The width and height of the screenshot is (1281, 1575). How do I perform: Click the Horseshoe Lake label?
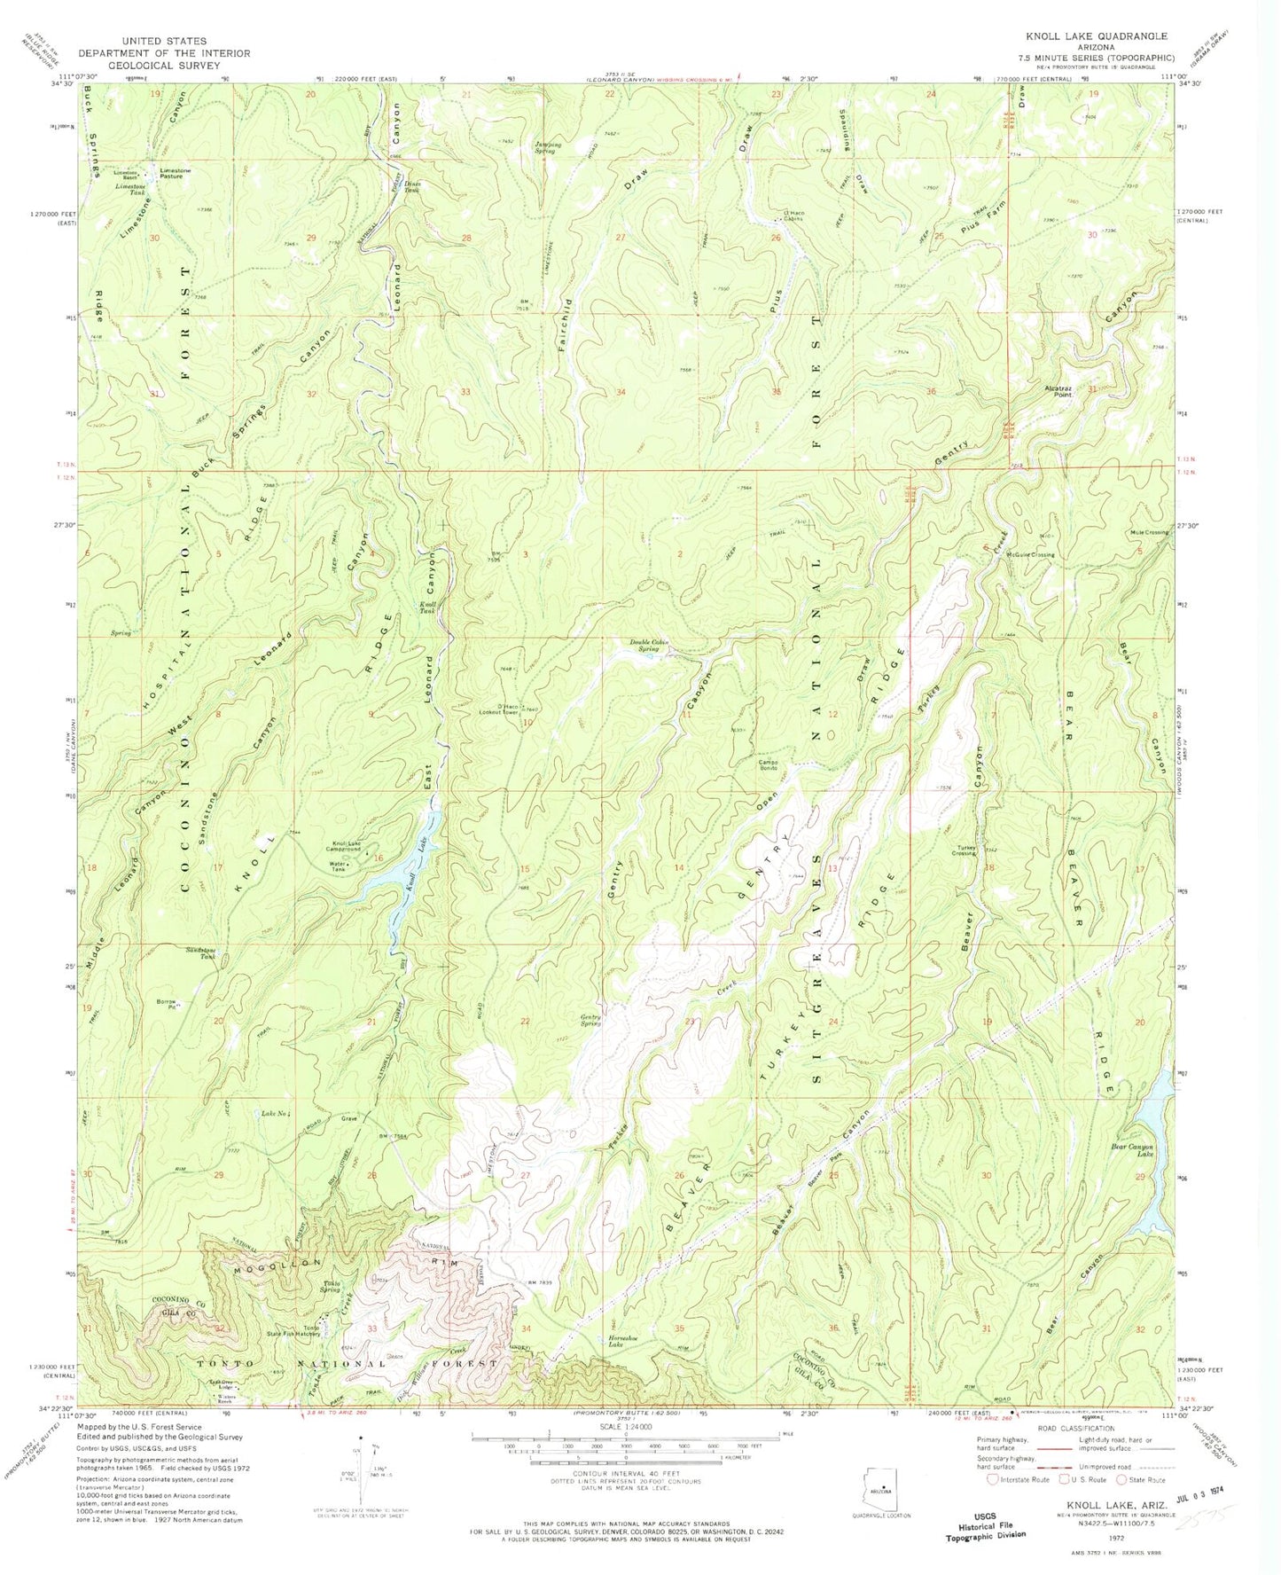point(629,1343)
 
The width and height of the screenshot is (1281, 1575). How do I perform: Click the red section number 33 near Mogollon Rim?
point(372,1328)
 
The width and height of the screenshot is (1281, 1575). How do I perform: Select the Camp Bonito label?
point(767,764)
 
